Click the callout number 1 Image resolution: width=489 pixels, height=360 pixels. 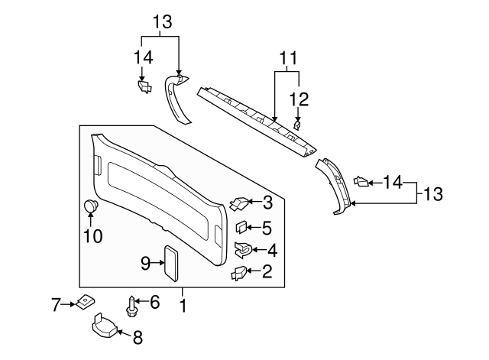click(x=183, y=305)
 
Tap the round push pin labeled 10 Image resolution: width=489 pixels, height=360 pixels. click(x=90, y=206)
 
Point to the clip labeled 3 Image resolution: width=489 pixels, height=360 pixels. click(x=239, y=203)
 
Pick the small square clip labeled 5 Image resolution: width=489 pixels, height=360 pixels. click(x=240, y=227)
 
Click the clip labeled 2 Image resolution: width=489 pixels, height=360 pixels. click(x=239, y=271)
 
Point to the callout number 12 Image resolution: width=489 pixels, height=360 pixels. click(x=299, y=98)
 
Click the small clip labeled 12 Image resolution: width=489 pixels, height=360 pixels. click(x=297, y=122)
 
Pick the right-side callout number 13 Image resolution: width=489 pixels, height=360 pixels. click(x=432, y=193)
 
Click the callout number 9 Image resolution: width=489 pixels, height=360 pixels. click(x=145, y=263)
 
